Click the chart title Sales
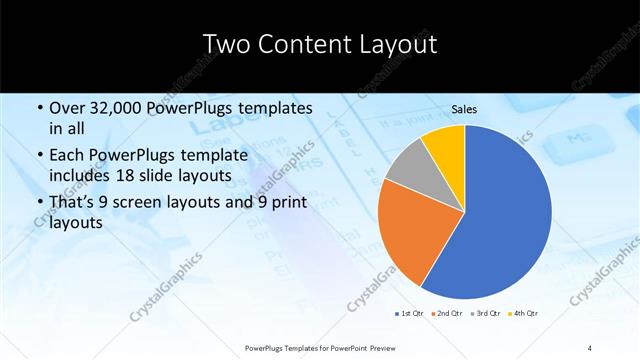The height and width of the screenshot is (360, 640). [x=463, y=110]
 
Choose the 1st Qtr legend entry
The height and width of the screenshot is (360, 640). [x=410, y=314]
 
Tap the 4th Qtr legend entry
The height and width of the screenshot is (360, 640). [x=526, y=314]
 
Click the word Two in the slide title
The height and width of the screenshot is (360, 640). [x=227, y=44]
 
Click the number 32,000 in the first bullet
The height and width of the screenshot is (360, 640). [x=116, y=108]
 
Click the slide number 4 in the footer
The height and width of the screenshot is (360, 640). [x=590, y=347]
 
